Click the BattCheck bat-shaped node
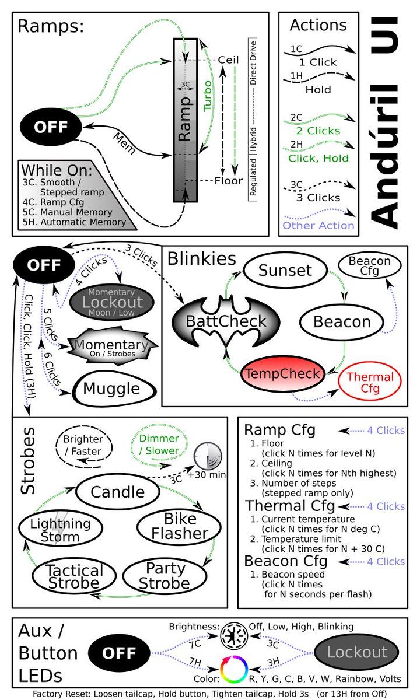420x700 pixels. (x=226, y=321)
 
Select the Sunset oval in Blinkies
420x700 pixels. (x=285, y=271)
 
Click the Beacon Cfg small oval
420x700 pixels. (x=369, y=265)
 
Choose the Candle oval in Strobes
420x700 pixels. (x=118, y=492)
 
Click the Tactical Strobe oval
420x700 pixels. (x=74, y=576)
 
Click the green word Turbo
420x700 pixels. (x=208, y=96)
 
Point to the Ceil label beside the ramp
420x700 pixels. (x=228, y=60)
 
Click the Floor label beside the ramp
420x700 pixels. (x=228, y=181)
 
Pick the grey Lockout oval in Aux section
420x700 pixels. (x=356, y=652)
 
